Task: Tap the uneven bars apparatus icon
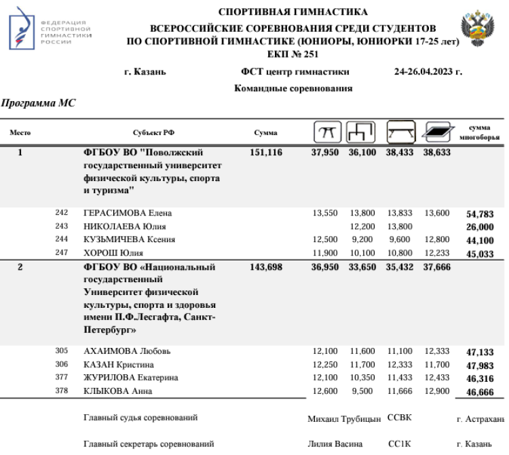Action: click(x=360, y=132)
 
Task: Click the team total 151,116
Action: click(x=265, y=153)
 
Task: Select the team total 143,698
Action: click(x=265, y=267)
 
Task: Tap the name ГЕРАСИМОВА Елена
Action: click(x=127, y=213)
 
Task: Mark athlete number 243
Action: click(x=62, y=226)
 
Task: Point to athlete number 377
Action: click(x=62, y=378)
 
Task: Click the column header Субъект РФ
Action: click(x=158, y=133)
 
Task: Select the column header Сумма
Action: click(x=265, y=133)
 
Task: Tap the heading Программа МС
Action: click(x=38, y=104)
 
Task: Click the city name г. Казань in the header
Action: click(x=145, y=72)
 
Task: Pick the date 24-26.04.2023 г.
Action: click(x=428, y=72)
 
